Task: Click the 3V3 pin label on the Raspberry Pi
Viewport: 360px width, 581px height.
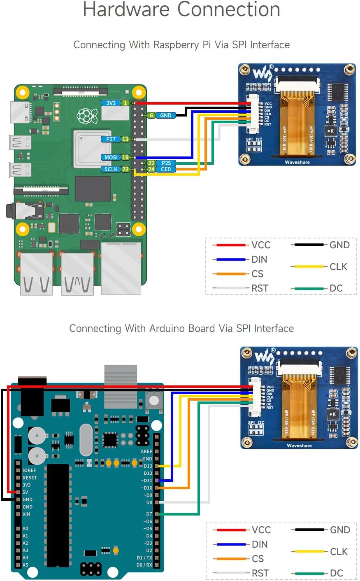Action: point(111,103)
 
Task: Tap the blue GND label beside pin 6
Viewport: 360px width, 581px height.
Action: point(165,115)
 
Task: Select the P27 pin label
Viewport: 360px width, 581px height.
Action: point(111,139)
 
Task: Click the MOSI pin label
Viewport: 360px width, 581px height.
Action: point(111,157)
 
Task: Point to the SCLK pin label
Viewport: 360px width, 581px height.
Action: point(111,169)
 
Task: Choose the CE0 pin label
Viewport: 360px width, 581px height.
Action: point(166,169)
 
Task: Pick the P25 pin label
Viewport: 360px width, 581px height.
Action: point(166,163)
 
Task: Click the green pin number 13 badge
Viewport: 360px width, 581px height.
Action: point(125,139)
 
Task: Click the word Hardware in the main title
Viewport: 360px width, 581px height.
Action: point(126,10)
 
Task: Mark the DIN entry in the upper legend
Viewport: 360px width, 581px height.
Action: point(259,259)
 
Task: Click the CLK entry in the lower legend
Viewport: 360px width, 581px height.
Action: point(339,551)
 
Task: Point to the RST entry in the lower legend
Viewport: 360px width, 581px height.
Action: point(260,573)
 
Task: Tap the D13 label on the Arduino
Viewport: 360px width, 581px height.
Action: point(148,466)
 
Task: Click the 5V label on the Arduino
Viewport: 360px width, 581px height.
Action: point(26,492)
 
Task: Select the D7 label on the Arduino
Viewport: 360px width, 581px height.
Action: point(149,514)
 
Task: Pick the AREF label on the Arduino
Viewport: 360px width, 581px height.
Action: point(146,451)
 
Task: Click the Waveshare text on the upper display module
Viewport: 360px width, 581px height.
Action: point(297,162)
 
